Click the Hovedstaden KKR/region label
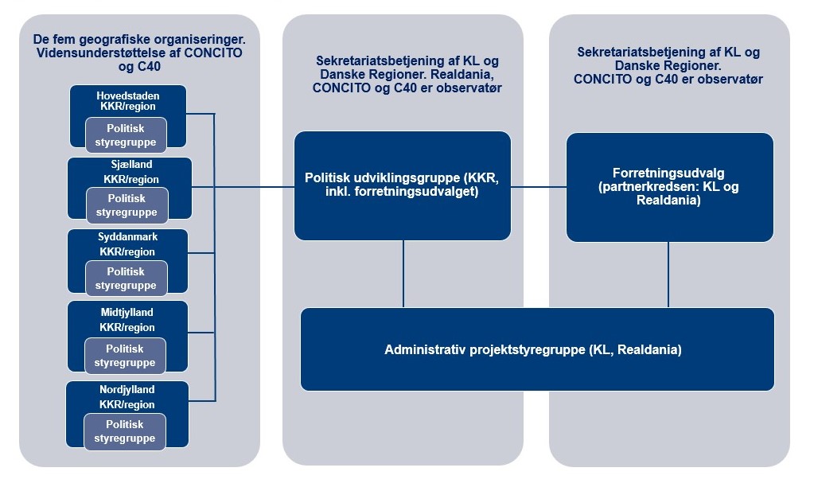(128, 100)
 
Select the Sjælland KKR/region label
(130, 173)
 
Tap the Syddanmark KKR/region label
(128, 244)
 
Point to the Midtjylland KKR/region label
(127, 320)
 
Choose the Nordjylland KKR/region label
(127, 397)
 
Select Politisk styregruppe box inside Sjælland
(127, 205)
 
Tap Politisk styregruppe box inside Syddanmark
(126, 278)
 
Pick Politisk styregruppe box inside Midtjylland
(125, 355)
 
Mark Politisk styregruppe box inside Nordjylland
(126, 431)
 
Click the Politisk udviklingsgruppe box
(402, 185)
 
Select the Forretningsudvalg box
(669, 187)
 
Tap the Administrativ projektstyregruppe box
(537, 349)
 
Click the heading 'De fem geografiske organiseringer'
(139, 38)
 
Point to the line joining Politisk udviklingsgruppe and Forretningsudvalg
(538, 187)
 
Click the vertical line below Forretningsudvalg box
(668, 275)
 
